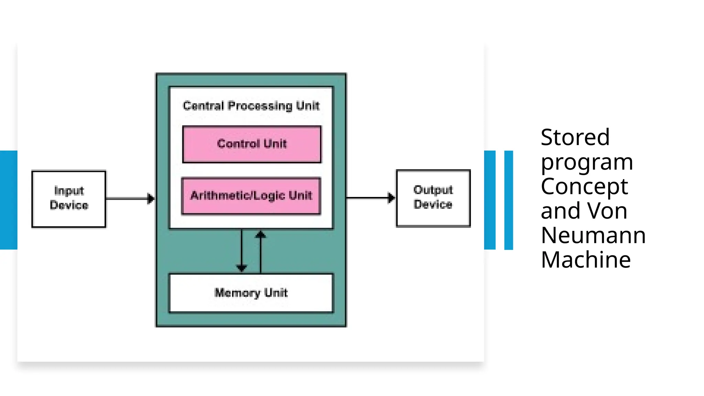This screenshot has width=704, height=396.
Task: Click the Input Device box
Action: [x=69, y=199]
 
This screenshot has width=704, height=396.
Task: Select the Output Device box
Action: [x=433, y=198]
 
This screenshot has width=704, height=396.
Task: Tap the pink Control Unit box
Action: [x=252, y=144]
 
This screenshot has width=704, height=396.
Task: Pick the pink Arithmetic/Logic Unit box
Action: [x=251, y=196]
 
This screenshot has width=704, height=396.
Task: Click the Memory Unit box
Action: [x=251, y=293]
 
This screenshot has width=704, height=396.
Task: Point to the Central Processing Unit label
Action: [x=251, y=106]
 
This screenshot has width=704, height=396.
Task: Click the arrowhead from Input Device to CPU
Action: [x=151, y=198]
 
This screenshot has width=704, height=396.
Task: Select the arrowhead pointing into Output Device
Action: [x=391, y=198]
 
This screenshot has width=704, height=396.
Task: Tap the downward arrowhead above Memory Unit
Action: [x=242, y=268]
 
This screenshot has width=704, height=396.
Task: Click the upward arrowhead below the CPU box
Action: [x=261, y=235]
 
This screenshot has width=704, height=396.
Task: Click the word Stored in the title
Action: [x=575, y=137]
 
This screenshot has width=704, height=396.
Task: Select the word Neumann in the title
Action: [x=593, y=235]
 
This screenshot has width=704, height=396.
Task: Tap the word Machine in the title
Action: [x=586, y=260]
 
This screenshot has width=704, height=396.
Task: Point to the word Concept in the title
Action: [x=584, y=187]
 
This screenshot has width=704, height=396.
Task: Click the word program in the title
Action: [x=587, y=162]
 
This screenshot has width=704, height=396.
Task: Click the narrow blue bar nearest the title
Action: [x=508, y=200]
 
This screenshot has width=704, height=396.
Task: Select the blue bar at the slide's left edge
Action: [x=9, y=200]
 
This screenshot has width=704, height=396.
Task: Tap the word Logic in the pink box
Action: [x=270, y=196]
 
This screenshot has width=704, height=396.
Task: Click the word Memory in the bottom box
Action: [x=237, y=293]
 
